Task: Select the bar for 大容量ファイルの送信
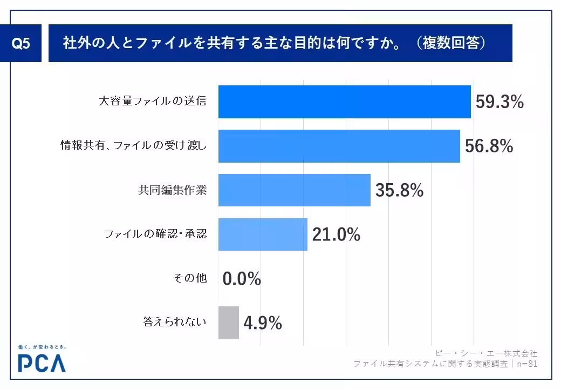click(x=344, y=102)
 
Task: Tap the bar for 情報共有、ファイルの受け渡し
click(x=339, y=146)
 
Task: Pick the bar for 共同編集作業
click(x=294, y=190)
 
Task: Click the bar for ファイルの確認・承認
click(x=263, y=234)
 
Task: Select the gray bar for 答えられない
click(x=228, y=323)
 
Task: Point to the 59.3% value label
click(x=500, y=102)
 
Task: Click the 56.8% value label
click(x=489, y=146)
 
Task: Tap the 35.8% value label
click(x=399, y=190)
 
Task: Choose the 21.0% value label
click(x=336, y=234)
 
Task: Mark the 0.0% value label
click(x=242, y=279)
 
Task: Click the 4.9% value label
click(x=263, y=323)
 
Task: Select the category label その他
click(x=189, y=279)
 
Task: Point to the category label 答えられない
click(x=175, y=323)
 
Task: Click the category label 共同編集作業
click(x=172, y=190)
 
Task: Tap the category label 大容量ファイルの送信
click(x=153, y=102)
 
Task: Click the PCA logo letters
click(x=42, y=363)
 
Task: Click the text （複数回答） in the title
click(x=451, y=43)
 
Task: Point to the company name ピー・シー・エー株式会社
click(x=487, y=353)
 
